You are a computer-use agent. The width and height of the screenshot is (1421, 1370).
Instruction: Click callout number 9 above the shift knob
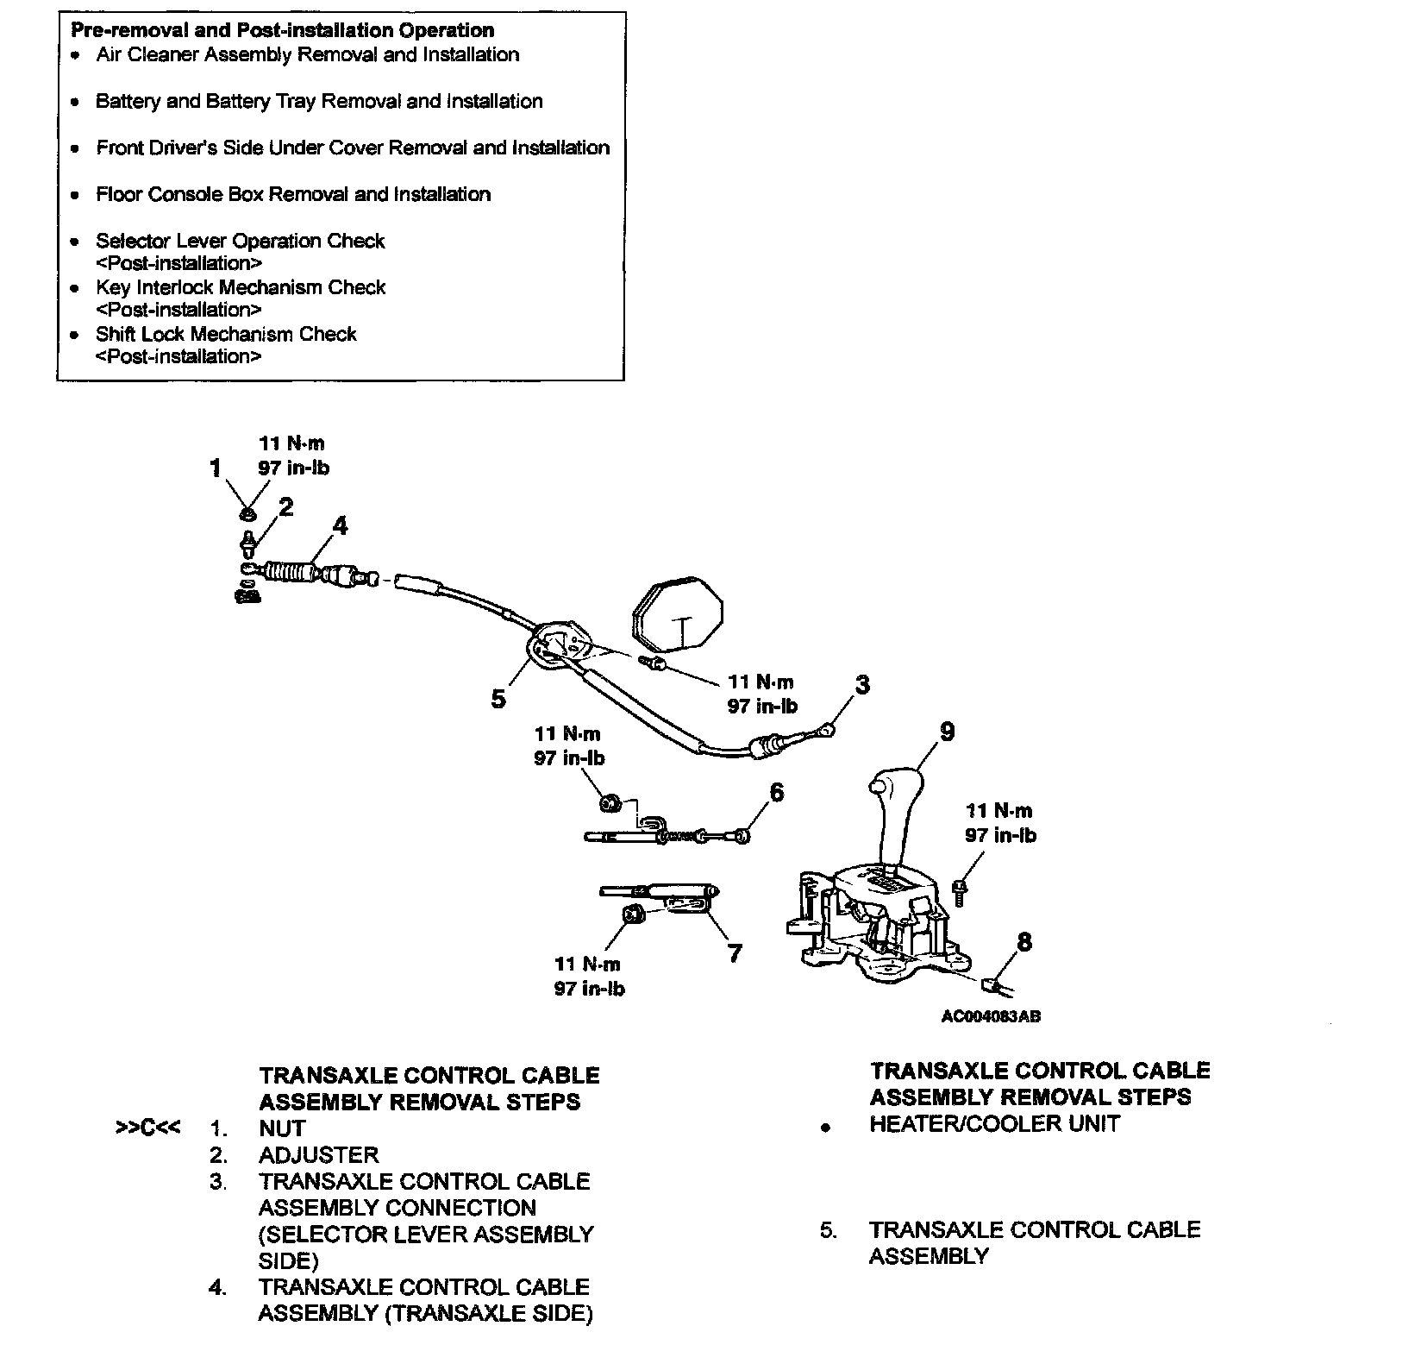947,732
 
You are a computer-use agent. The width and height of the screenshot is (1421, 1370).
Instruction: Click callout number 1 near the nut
216,468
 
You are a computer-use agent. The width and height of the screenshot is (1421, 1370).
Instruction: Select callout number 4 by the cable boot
341,525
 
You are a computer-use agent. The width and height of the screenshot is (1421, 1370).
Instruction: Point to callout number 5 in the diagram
498,699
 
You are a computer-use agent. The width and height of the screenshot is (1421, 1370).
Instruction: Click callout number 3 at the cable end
861,685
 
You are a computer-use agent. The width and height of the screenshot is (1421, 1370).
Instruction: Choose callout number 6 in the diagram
776,792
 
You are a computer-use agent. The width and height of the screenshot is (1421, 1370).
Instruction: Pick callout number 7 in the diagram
734,952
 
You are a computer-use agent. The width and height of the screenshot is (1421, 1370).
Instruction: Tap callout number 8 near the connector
1023,941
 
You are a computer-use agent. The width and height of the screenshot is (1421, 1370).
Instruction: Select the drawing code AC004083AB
991,1016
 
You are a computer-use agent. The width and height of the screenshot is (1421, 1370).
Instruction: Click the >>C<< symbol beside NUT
147,1128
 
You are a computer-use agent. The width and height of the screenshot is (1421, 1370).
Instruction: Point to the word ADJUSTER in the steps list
318,1154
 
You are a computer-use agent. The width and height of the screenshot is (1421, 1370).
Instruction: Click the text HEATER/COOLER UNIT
994,1123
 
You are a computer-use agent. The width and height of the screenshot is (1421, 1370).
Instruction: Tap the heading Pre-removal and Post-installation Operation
282,30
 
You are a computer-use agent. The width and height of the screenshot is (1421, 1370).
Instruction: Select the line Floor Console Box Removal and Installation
293,194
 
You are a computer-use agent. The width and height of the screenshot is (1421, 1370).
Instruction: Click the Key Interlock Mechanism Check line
241,287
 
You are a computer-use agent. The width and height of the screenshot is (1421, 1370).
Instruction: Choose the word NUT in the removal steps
282,1128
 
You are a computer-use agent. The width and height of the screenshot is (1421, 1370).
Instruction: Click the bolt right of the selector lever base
961,889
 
